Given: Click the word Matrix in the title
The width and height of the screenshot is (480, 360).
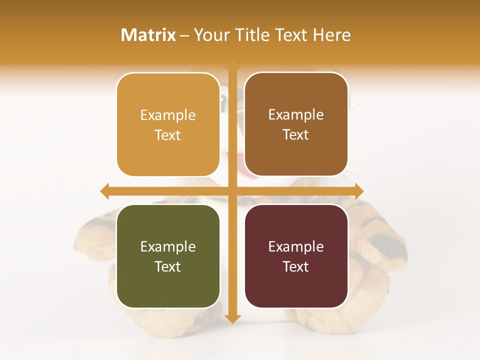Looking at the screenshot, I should [x=148, y=35].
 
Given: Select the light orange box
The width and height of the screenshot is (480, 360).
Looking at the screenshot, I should [x=168, y=124].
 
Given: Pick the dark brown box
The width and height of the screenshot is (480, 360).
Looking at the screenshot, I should [x=296, y=124].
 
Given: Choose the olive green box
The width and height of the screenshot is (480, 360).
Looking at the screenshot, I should [x=168, y=256].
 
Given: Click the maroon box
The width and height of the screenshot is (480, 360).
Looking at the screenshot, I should [x=296, y=256].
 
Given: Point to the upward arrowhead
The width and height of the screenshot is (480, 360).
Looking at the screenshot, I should [x=232, y=65].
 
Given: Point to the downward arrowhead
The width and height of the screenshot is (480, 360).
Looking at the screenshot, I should [x=232, y=318].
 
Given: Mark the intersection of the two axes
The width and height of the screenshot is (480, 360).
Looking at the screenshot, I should [x=232, y=191].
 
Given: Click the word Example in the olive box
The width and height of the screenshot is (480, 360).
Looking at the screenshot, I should [x=168, y=246].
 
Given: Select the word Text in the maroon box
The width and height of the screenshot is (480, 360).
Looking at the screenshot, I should [x=296, y=266].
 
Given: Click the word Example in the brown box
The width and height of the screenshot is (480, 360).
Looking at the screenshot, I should [x=296, y=115].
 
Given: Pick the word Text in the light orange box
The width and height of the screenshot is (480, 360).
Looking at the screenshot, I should [x=168, y=135].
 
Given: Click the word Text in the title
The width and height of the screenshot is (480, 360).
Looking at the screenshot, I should [x=292, y=35].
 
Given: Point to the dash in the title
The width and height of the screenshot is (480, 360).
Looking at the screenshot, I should [x=185, y=35].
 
